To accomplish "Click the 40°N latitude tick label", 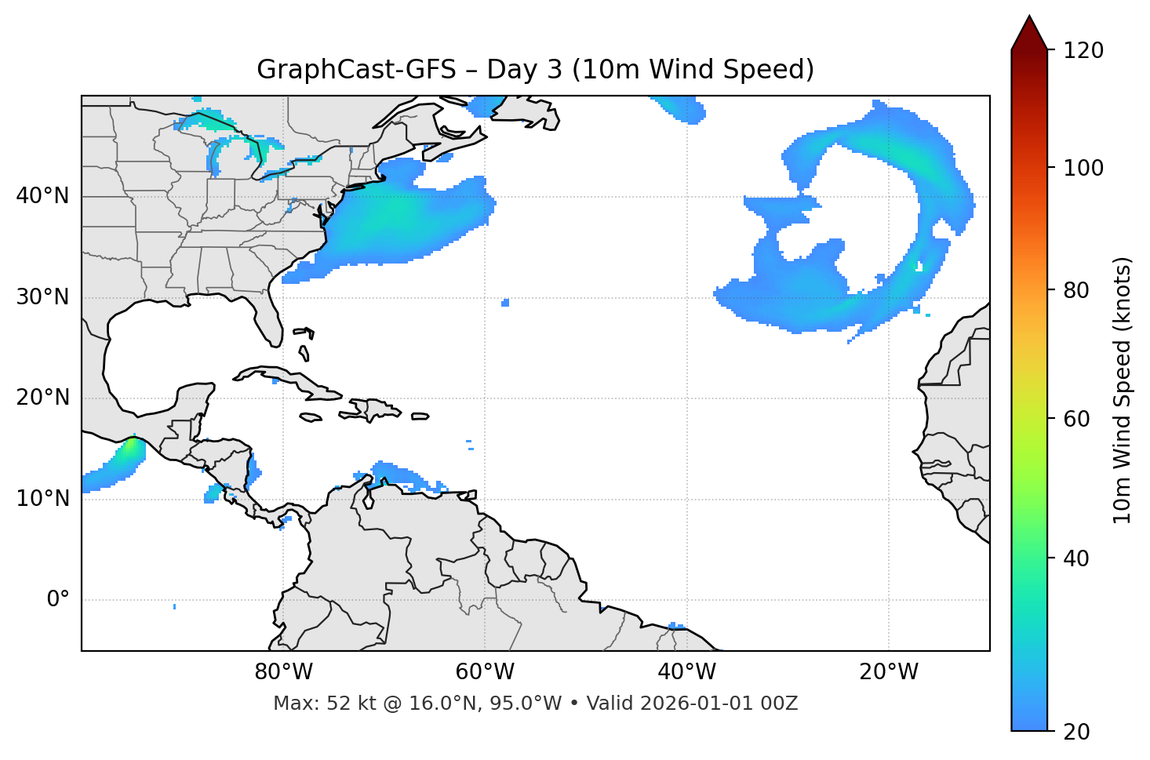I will (42, 196).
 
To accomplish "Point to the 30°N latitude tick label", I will (42, 297).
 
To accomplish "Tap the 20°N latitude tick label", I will (42, 398).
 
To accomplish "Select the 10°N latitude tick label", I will (42, 499).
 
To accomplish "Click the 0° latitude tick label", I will (58, 600).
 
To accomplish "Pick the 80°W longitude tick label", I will (283, 672).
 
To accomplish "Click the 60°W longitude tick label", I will (485, 672).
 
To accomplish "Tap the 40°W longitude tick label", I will (686, 672).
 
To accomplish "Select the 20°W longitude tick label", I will (888, 672).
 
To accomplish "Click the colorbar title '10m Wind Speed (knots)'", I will (1123, 390).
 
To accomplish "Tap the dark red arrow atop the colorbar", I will (1029, 33).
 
